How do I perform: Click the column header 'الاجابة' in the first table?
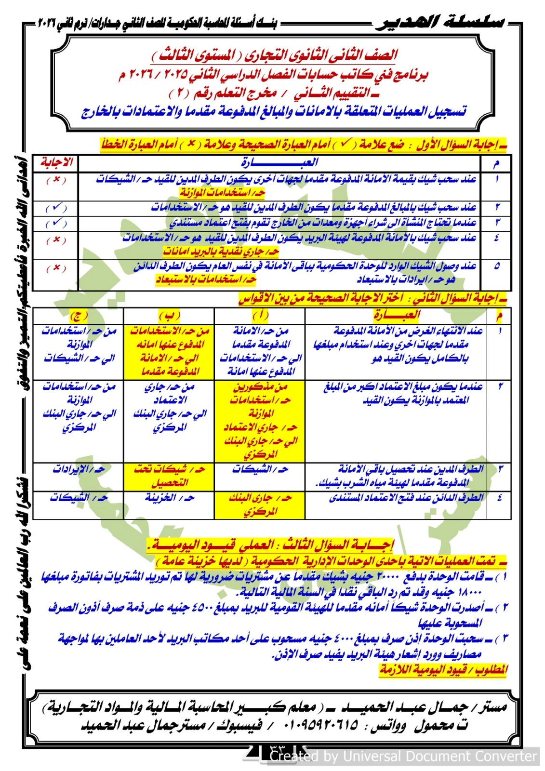click(x=56, y=162)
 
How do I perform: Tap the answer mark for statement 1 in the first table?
click(x=56, y=180)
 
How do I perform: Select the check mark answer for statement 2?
click(x=56, y=208)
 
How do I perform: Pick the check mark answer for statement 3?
click(x=56, y=223)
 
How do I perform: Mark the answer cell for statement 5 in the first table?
click(x=56, y=268)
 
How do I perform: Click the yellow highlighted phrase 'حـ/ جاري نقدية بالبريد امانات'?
click(x=221, y=252)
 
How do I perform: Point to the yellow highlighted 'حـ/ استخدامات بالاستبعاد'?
click(x=206, y=280)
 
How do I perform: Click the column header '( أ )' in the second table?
click(x=260, y=316)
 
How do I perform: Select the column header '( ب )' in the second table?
click(x=169, y=316)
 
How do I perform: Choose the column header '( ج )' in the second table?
click(x=79, y=316)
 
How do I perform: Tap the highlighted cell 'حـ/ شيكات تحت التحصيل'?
click(x=170, y=476)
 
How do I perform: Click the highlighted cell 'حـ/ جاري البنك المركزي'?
click(x=260, y=505)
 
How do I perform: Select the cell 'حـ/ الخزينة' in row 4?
click(x=170, y=498)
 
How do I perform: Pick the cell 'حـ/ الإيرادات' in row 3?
click(x=79, y=469)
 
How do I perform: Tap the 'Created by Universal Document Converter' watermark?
click(x=403, y=757)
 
